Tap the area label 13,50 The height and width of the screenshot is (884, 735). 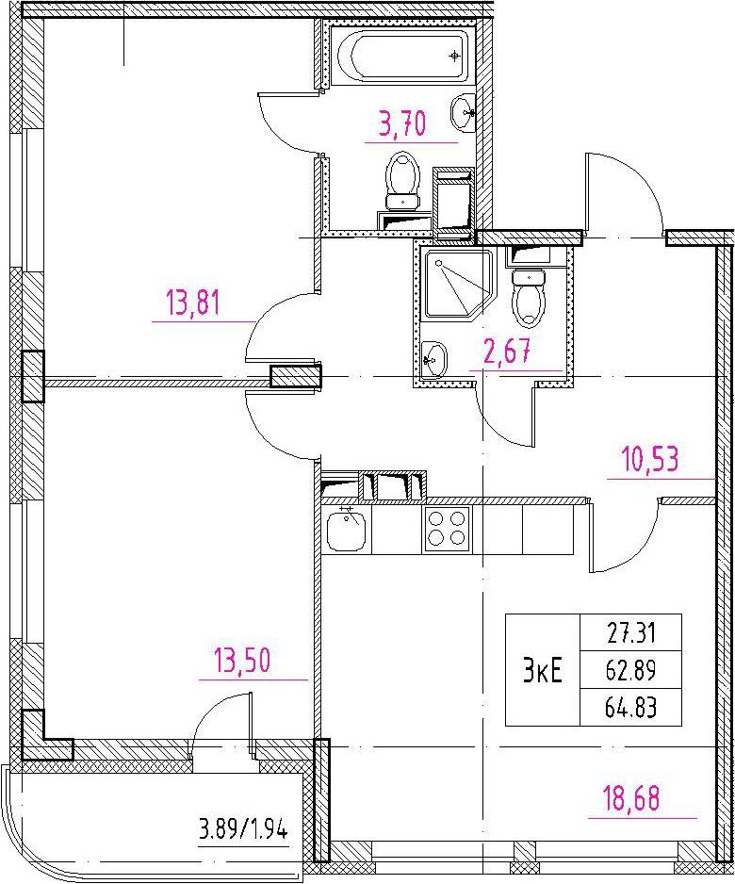242,660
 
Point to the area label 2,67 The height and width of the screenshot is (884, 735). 507,352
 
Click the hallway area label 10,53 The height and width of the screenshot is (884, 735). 650,459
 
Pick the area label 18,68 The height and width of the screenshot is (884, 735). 630,798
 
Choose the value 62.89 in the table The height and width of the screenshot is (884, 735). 630,670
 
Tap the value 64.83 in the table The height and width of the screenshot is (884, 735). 630,707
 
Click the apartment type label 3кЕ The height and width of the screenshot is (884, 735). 542,670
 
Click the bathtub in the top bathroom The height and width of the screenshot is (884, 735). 402,56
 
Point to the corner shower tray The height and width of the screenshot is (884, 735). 458,285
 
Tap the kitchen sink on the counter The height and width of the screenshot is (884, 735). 346,530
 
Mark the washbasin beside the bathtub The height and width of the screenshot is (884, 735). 464,113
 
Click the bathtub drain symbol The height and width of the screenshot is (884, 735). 454,56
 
